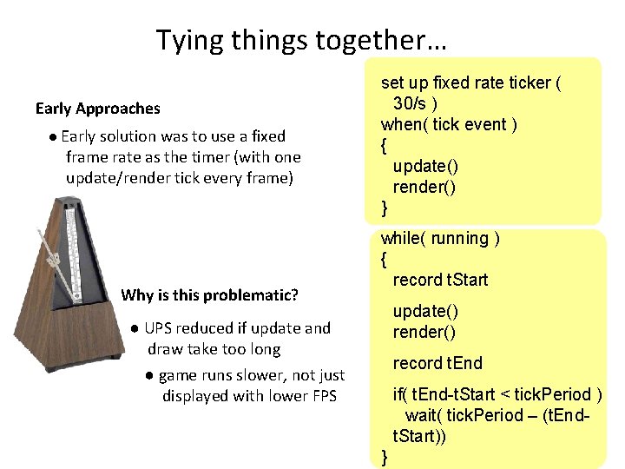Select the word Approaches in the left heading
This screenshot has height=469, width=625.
(x=118, y=109)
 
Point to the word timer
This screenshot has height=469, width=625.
(x=190, y=157)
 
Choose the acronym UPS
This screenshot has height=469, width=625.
(x=159, y=328)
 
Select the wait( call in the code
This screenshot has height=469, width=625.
(x=424, y=415)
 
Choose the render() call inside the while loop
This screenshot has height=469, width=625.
(x=424, y=332)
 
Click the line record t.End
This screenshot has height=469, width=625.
(x=437, y=363)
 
